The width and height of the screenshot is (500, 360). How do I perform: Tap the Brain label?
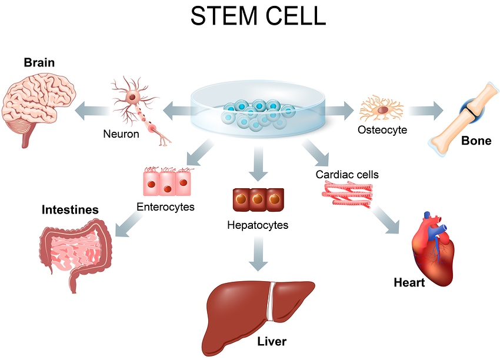[39, 62]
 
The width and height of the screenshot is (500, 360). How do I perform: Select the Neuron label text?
[121, 134]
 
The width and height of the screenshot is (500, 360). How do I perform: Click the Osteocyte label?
[382, 130]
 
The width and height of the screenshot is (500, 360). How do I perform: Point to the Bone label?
[476, 141]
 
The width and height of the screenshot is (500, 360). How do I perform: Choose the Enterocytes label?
[165, 207]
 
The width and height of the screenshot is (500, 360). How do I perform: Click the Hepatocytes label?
[258, 225]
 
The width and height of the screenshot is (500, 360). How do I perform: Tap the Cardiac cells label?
[347, 175]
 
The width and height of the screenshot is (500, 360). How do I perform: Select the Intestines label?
[70, 210]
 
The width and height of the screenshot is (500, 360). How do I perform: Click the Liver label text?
[272, 342]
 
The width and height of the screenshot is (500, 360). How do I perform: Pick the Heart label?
[409, 282]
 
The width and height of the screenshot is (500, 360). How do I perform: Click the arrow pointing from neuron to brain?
[92, 111]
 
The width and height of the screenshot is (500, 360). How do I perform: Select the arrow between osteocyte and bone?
[426, 111]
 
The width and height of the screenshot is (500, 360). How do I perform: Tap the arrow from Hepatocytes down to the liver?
[258, 254]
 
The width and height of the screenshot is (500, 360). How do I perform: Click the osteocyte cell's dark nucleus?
[383, 110]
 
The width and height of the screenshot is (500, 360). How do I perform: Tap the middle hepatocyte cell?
[258, 199]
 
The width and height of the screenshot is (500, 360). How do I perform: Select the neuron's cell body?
[132, 96]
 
